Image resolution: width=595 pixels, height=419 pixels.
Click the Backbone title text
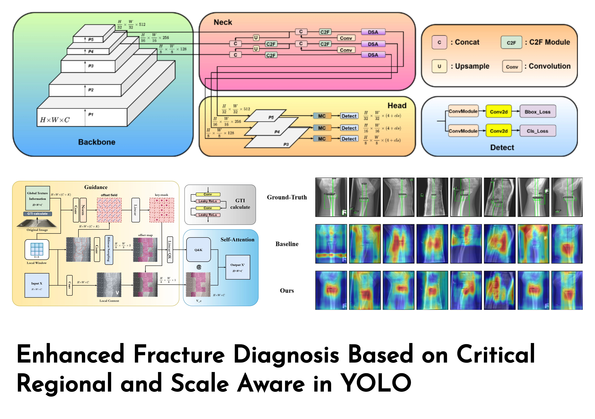click(x=97, y=142)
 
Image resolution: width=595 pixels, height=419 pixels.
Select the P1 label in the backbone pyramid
click(x=91, y=114)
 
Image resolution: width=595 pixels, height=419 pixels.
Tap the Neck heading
click(x=223, y=22)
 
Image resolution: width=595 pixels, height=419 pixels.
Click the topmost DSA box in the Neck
click(x=373, y=32)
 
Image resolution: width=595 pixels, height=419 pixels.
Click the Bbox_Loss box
click(x=538, y=112)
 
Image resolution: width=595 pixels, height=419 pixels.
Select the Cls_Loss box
click(x=538, y=131)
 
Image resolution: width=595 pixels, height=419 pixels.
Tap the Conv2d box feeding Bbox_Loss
click(x=499, y=112)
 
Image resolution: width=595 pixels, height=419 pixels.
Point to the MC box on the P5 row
click(x=322, y=116)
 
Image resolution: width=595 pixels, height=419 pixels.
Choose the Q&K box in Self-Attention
click(x=198, y=250)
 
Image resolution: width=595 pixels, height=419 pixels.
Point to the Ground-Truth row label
click(x=287, y=197)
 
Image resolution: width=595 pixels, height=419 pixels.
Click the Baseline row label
click(x=287, y=244)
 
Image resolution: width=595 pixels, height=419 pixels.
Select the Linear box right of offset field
click(x=136, y=210)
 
